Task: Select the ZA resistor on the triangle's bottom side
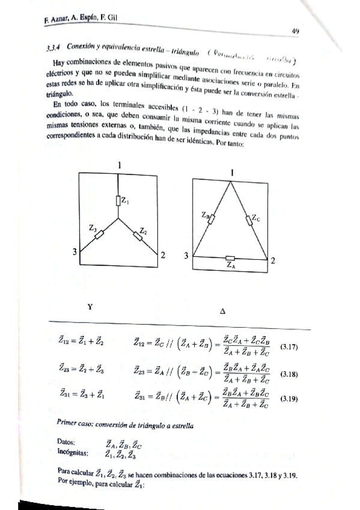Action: (x=230, y=257)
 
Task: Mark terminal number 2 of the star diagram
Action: (x=162, y=255)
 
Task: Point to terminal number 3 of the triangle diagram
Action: (x=186, y=256)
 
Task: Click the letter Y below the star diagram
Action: (x=90, y=306)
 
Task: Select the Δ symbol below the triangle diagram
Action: (x=222, y=312)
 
